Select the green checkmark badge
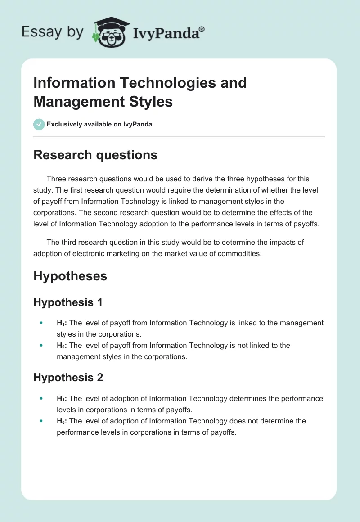[39, 125]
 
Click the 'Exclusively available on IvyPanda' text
[99, 125]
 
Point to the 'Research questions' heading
[95, 155]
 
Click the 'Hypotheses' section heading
[70, 276]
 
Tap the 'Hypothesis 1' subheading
[68, 302]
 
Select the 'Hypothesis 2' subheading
[68, 378]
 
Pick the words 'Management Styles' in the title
[103, 102]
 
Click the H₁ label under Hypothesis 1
[62, 323]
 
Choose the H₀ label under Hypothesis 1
[62, 346]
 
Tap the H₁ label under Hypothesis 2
[62, 399]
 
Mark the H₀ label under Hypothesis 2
[62, 421]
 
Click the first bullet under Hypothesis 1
[41, 323]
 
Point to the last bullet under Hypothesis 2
[41, 421]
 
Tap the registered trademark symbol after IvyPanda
[202, 29]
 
